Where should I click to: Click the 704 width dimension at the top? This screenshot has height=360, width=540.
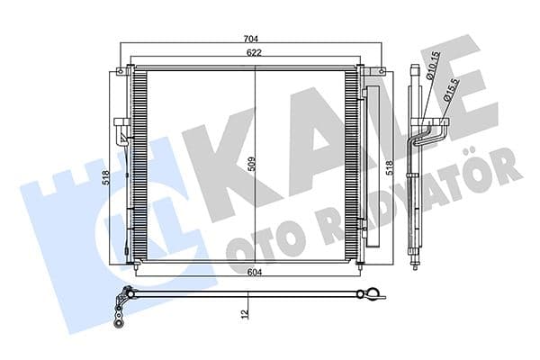point(252,39)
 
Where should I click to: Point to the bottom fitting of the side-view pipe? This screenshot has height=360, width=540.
point(415,263)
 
